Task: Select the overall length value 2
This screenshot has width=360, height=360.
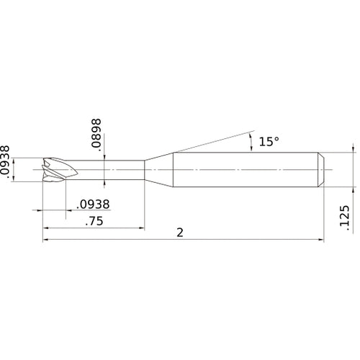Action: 179,232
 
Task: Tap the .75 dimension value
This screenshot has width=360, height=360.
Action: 94,222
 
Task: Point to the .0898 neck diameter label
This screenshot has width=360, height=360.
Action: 96,135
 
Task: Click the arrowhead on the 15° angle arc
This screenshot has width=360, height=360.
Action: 251,137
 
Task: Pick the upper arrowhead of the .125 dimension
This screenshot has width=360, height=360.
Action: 354,150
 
